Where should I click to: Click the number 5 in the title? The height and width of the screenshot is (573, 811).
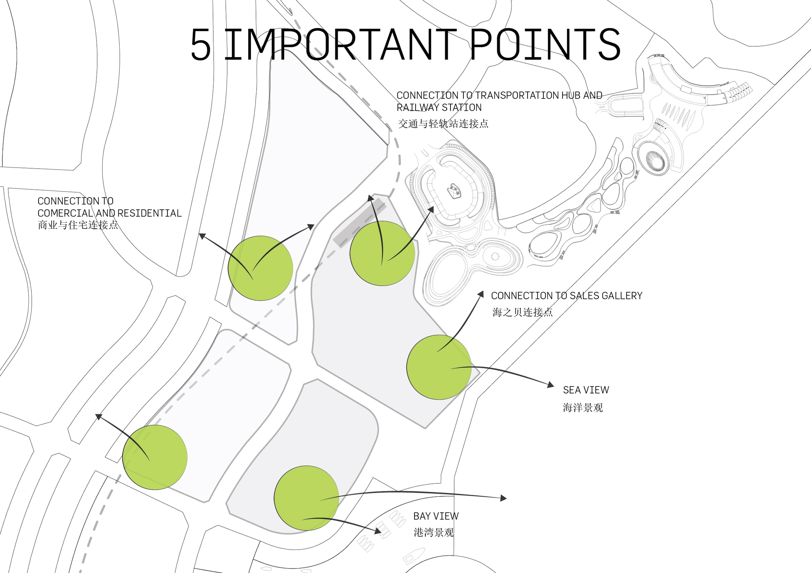[x=201, y=45]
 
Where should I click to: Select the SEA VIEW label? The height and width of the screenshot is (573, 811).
[x=586, y=390]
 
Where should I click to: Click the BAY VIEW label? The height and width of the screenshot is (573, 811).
[x=436, y=516]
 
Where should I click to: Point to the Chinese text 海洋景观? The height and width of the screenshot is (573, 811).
[x=583, y=408]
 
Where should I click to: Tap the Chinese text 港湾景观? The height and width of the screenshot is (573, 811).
[x=433, y=532]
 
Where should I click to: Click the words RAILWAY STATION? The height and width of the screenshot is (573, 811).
[x=439, y=107]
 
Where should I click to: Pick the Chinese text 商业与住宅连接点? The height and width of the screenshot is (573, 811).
[x=78, y=225]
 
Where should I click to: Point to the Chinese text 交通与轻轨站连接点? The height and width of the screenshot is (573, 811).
[x=443, y=124]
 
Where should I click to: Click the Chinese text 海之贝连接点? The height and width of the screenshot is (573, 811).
[x=522, y=312]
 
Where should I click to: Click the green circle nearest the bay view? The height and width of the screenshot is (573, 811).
[x=306, y=498]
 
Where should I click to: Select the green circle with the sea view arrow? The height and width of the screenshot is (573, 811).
[x=439, y=367]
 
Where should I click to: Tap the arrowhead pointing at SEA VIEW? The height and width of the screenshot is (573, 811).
[x=551, y=384]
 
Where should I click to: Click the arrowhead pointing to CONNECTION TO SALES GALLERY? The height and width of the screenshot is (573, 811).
[x=481, y=294]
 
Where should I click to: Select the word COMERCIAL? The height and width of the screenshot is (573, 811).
[x=65, y=213]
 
